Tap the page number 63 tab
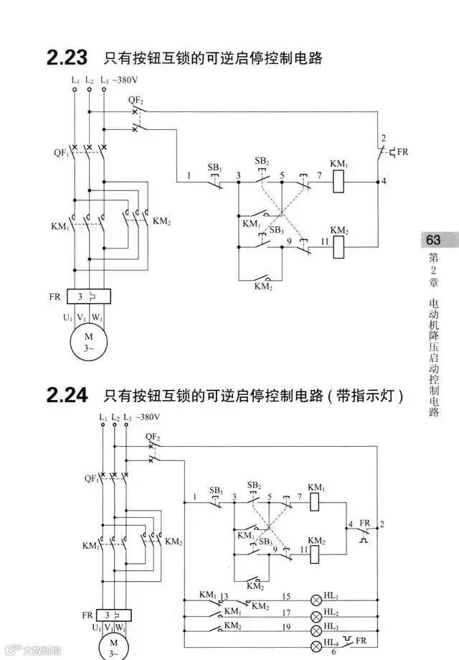pyautogui.click(x=432, y=240)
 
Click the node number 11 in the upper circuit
pyautogui.click(x=324, y=242)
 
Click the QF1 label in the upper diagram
pyautogui.click(x=60, y=153)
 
